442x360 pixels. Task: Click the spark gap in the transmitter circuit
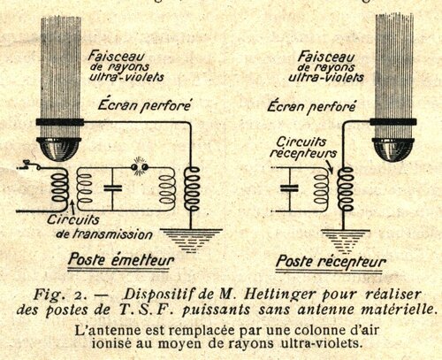click(140, 167)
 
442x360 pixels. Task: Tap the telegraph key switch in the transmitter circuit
click(29, 165)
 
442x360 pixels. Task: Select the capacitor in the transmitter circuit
click(112, 188)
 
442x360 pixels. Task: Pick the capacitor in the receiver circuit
click(289, 188)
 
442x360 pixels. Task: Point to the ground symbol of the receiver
click(345, 241)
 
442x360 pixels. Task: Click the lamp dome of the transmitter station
click(59, 149)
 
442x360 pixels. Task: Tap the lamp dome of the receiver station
click(393, 149)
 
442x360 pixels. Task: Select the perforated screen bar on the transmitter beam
click(60, 122)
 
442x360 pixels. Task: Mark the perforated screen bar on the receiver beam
click(393, 122)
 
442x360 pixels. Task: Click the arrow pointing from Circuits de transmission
click(72, 206)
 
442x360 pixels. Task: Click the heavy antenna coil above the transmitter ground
click(192, 188)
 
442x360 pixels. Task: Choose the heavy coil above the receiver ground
click(346, 188)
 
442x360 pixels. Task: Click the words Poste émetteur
click(121, 260)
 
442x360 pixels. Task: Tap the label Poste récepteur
click(331, 262)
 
